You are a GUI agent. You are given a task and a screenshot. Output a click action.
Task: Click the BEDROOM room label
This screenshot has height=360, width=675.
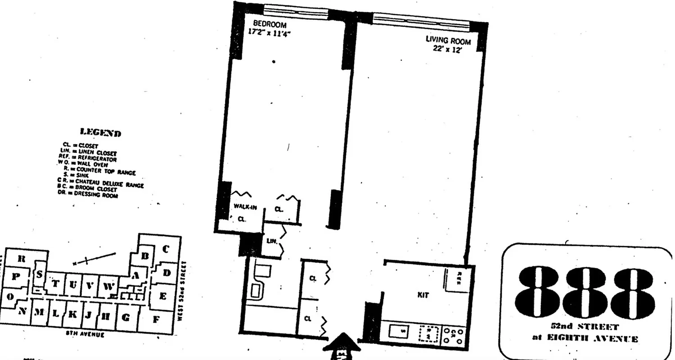[269, 24]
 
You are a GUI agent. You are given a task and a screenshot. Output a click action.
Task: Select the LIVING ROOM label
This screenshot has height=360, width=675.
[448, 40]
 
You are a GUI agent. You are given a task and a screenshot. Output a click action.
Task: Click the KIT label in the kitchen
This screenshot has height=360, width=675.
[423, 295]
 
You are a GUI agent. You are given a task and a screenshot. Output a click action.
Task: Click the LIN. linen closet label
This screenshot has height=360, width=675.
[271, 241]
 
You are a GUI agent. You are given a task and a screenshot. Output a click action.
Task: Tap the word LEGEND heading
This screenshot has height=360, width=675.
[100, 132]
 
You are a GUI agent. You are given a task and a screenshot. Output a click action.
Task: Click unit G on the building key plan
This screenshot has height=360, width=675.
[126, 318]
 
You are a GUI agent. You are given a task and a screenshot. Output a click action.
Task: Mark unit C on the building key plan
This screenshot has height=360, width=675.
[165, 249]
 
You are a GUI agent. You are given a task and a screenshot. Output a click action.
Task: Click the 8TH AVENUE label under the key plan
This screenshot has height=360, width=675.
[85, 335]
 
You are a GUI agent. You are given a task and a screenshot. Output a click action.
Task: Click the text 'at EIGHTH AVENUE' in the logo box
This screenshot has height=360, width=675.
[585, 339]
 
